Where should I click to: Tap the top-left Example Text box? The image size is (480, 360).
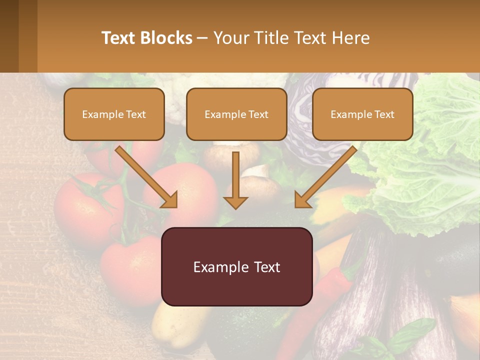[114, 114]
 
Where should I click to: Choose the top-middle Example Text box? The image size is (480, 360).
[236, 114]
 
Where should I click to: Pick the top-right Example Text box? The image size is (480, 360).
[362, 114]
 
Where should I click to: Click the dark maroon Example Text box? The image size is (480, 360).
[236, 266]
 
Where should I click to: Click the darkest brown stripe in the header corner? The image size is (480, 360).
[9, 36]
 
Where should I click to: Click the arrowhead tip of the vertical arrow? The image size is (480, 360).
[235, 207]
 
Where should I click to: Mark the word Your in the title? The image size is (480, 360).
[229, 38]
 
